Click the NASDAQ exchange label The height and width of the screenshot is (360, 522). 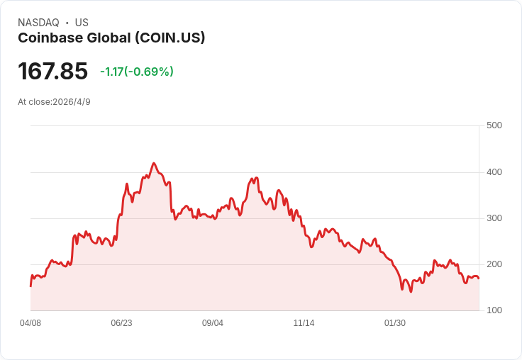point(38,23)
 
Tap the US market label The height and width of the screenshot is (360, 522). point(82,23)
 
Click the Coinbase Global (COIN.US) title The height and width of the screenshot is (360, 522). point(111,38)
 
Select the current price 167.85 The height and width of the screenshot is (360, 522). point(53,71)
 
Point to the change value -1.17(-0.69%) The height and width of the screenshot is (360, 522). point(137,72)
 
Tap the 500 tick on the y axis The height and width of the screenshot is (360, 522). point(494,125)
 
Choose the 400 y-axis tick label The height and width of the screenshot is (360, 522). point(494,172)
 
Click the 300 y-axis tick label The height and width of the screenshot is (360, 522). point(494,218)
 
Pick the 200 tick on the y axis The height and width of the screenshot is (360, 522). point(494,264)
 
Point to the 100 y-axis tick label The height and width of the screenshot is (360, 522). point(494,310)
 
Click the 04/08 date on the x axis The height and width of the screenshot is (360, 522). point(30,323)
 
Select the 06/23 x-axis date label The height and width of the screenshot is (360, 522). point(121,323)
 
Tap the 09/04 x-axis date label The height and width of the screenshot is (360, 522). point(213,323)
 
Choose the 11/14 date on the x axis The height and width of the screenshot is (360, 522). point(304,323)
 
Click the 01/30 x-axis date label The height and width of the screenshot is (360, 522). point(395,323)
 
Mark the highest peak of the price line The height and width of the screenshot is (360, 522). point(154,163)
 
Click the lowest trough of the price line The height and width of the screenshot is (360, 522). point(411,291)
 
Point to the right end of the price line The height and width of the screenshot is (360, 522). point(479,279)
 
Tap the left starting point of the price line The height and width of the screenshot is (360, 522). point(30,286)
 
